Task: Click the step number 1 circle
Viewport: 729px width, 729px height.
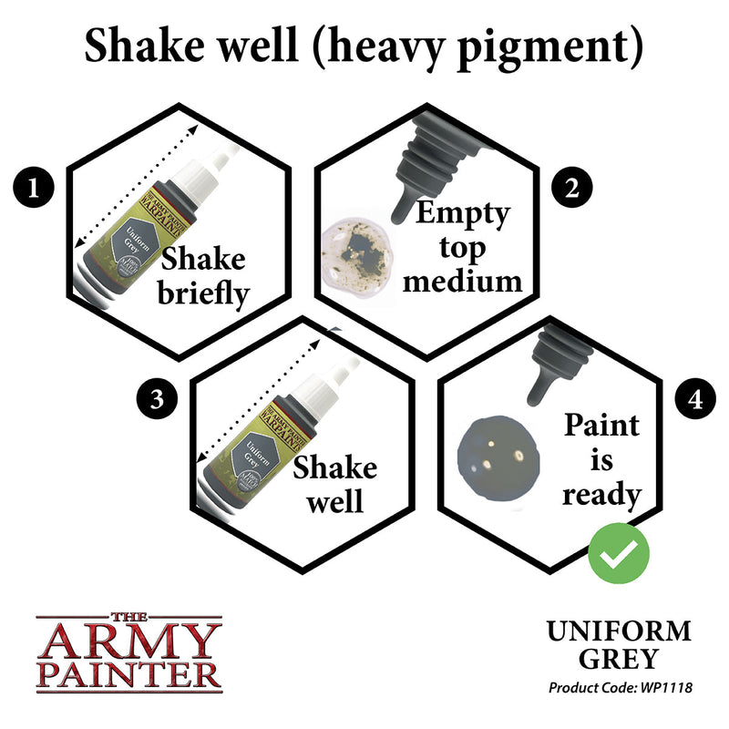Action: [x=34, y=190]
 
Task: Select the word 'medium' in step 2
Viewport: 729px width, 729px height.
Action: [x=463, y=279]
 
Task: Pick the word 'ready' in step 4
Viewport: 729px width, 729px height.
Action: [x=601, y=495]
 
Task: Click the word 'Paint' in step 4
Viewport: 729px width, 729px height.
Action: [x=601, y=426]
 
